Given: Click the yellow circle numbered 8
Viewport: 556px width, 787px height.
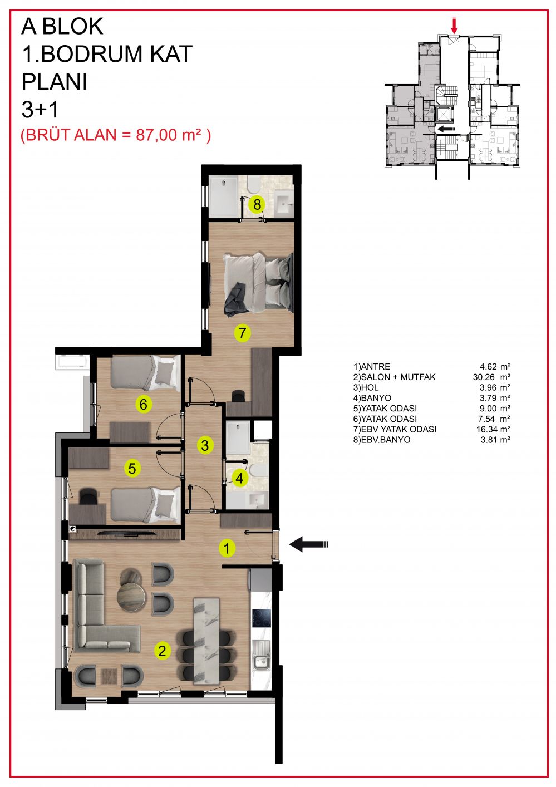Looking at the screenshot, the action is pyautogui.click(x=257, y=204).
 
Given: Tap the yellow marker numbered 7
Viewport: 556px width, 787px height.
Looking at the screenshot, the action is pyautogui.click(x=242, y=332).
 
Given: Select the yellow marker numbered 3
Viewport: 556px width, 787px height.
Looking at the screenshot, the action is pyautogui.click(x=205, y=445).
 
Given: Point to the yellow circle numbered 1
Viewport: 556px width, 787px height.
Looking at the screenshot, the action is pyautogui.click(x=227, y=548).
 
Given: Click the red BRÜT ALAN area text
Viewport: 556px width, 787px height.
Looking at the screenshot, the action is pyautogui.click(x=116, y=135).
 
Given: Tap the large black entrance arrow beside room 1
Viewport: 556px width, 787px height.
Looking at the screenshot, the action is pyautogui.click(x=308, y=544).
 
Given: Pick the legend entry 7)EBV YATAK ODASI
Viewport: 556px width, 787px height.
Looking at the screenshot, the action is pyautogui.click(x=395, y=429).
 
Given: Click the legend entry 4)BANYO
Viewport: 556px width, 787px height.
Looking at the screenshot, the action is pyautogui.click(x=372, y=398).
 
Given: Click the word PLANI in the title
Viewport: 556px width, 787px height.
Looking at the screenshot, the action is pyautogui.click(x=55, y=82).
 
